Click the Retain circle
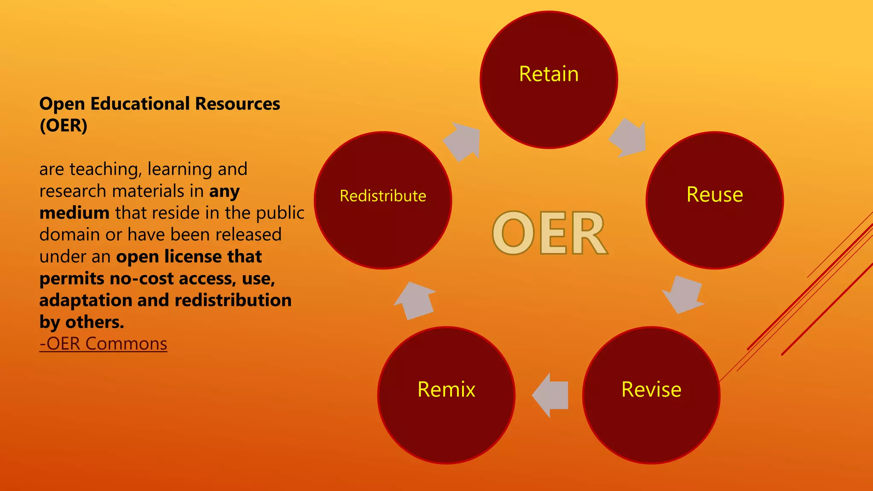pyautogui.click(x=549, y=80)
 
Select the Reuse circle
pyautogui.click(x=714, y=200)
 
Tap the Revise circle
pyautogui.click(x=651, y=395)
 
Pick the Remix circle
pyautogui.click(x=446, y=395)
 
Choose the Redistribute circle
pyautogui.click(x=383, y=200)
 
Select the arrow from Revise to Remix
pyautogui.click(x=551, y=395)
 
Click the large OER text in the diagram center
pyautogui.click(x=549, y=233)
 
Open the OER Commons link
pyautogui.click(x=103, y=344)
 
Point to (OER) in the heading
pyautogui.click(x=64, y=125)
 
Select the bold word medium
pyautogui.click(x=75, y=213)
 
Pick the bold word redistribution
pyautogui.click(x=233, y=300)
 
